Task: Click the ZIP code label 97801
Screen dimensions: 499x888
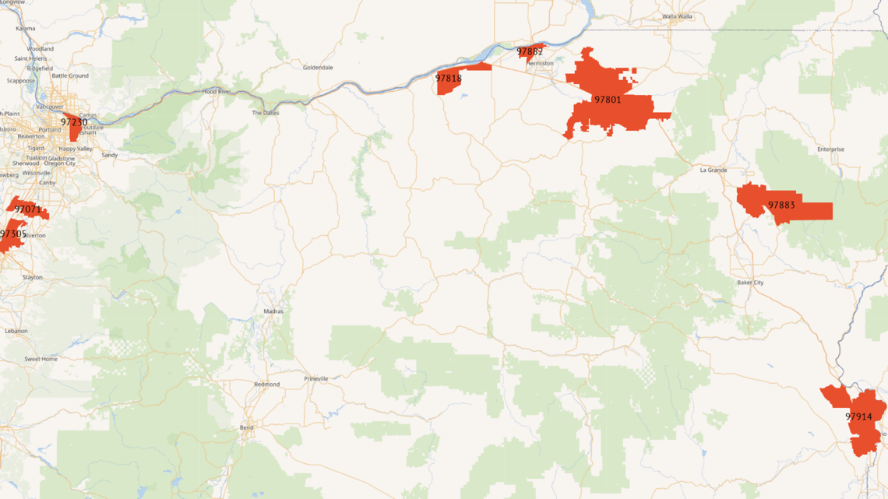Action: click(x=608, y=100)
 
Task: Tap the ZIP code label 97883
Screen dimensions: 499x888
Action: click(x=781, y=206)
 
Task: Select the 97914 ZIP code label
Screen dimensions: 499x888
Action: click(x=858, y=416)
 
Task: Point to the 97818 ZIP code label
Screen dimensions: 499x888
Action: click(x=449, y=79)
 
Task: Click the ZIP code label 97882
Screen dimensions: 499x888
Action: click(x=530, y=52)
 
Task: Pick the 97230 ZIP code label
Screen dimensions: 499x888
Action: click(x=74, y=122)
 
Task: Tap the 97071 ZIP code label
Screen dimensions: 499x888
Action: click(x=28, y=209)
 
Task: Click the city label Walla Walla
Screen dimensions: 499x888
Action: click(x=676, y=16)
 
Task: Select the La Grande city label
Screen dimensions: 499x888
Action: click(x=714, y=170)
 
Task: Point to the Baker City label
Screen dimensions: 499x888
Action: click(x=750, y=283)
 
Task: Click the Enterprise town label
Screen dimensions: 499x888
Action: click(x=830, y=149)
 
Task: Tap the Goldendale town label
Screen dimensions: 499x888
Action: click(x=318, y=68)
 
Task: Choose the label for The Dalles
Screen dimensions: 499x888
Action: click(x=265, y=113)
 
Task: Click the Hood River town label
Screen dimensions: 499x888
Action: click(x=217, y=91)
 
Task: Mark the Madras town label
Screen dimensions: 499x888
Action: click(x=273, y=311)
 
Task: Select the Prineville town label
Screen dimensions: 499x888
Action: click(x=316, y=379)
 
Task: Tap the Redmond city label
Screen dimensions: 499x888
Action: click(x=266, y=385)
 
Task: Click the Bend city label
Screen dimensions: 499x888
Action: click(x=247, y=427)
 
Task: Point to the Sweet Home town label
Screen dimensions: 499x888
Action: click(x=41, y=360)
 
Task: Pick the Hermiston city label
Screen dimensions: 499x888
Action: click(x=540, y=64)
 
